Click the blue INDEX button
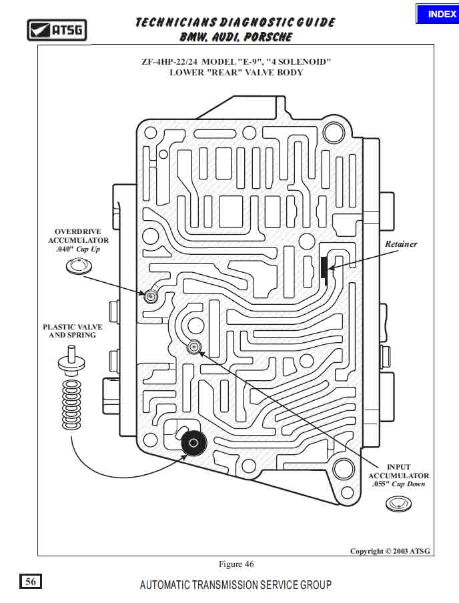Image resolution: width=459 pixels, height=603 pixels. pos(437,14)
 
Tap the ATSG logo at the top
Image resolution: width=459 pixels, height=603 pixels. pos(57,30)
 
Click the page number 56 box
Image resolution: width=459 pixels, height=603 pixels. pos(31,582)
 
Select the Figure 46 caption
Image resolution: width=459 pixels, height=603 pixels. pos(236,564)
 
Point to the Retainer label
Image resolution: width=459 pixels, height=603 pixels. pos(401,244)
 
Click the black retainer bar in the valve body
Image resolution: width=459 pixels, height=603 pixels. pos(324,267)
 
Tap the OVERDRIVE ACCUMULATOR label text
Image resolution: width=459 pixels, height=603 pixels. pos(78,236)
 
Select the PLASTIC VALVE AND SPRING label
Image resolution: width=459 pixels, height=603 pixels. pos(73,331)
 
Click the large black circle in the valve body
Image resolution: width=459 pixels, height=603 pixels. pos(194,442)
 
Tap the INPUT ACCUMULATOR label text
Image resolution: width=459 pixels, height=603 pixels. pos(399,472)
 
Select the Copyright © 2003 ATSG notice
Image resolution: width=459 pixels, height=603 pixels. pos(390,551)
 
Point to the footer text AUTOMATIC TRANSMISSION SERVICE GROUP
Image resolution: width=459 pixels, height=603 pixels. pos(236,585)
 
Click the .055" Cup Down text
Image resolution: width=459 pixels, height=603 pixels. pos(399,484)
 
